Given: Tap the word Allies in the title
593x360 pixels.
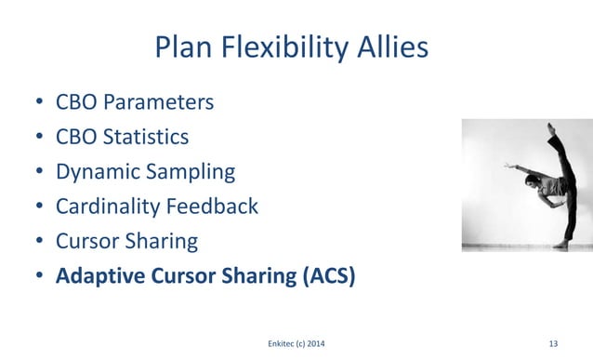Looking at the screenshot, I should [394, 47].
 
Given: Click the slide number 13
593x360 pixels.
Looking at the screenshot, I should [554, 344].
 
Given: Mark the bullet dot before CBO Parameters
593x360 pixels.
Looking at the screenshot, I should [39, 103].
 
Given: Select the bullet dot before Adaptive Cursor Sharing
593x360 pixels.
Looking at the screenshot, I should [39, 277].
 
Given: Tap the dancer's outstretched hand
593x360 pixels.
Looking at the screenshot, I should [507, 167].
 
